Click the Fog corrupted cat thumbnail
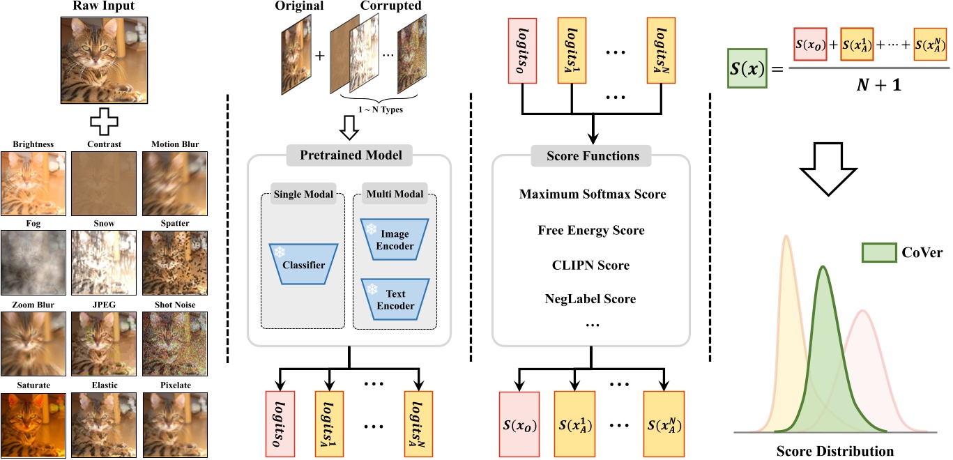pos(33,257)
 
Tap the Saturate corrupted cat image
pos(33,417)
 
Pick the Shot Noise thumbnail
pos(175,338)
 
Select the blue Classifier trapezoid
pos(303,264)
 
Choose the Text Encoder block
pos(395,299)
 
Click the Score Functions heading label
pos(591,155)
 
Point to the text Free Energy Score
pos(591,230)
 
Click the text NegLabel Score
pos(591,299)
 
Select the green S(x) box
pos(747,68)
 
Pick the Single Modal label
pos(303,194)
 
